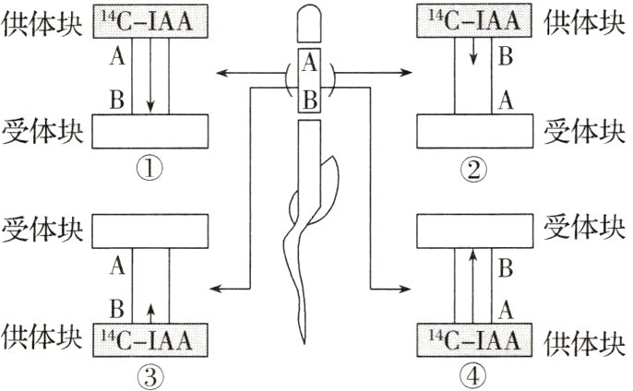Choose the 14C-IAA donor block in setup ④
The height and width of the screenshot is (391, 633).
point(475,341)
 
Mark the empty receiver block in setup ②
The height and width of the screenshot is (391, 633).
point(475,131)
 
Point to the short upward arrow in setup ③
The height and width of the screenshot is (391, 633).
point(150,308)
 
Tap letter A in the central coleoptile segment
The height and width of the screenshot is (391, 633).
point(310,64)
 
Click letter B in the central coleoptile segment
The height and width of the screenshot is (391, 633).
point(310,99)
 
